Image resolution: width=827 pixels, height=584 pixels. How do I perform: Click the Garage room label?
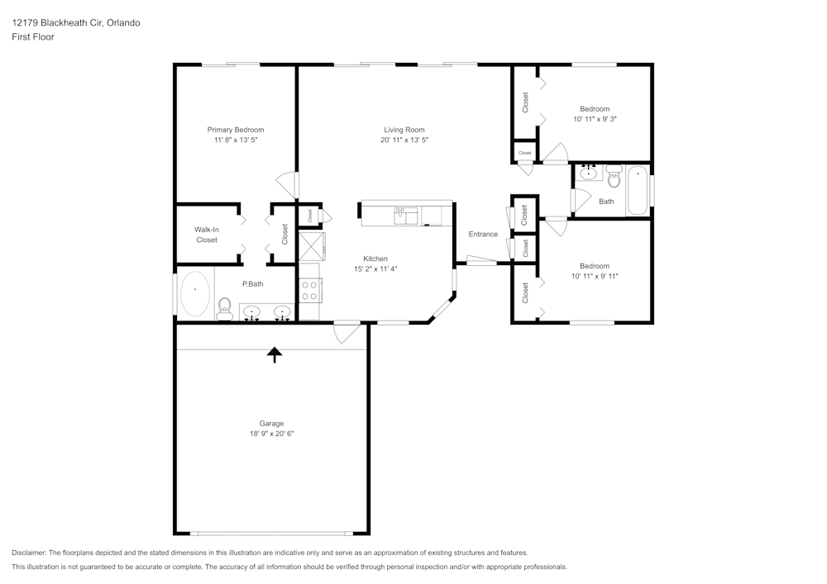pyautogui.click(x=271, y=423)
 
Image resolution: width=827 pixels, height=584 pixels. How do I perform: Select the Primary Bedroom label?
pyautogui.click(x=236, y=130)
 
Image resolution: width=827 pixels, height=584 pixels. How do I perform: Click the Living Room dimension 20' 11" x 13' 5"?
pyautogui.click(x=404, y=140)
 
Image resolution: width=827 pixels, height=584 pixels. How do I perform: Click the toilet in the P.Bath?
pyautogui.click(x=223, y=310)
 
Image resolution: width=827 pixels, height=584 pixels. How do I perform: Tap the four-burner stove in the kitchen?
pyautogui.click(x=309, y=290)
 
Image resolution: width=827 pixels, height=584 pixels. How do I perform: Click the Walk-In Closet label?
pyautogui.click(x=207, y=235)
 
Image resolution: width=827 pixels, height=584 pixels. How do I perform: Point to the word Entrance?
pyautogui.click(x=483, y=234)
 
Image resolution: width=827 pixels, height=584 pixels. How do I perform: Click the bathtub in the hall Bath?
pyautogui.click(x=637, y=191)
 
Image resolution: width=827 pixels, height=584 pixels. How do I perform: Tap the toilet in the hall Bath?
pyautogui.click(x=614, y=176)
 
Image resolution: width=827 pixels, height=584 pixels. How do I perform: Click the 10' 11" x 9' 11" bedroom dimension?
pyautogui.click(x=595, y=276)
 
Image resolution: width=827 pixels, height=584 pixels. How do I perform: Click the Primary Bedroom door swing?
pyautogui.click(x=285, y=185)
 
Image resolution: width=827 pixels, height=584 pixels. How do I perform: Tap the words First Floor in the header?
pyautogui.click(x=33, y=37)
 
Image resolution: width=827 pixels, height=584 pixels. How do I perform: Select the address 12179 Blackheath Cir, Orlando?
pyautogui.click(x=75, y=22)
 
